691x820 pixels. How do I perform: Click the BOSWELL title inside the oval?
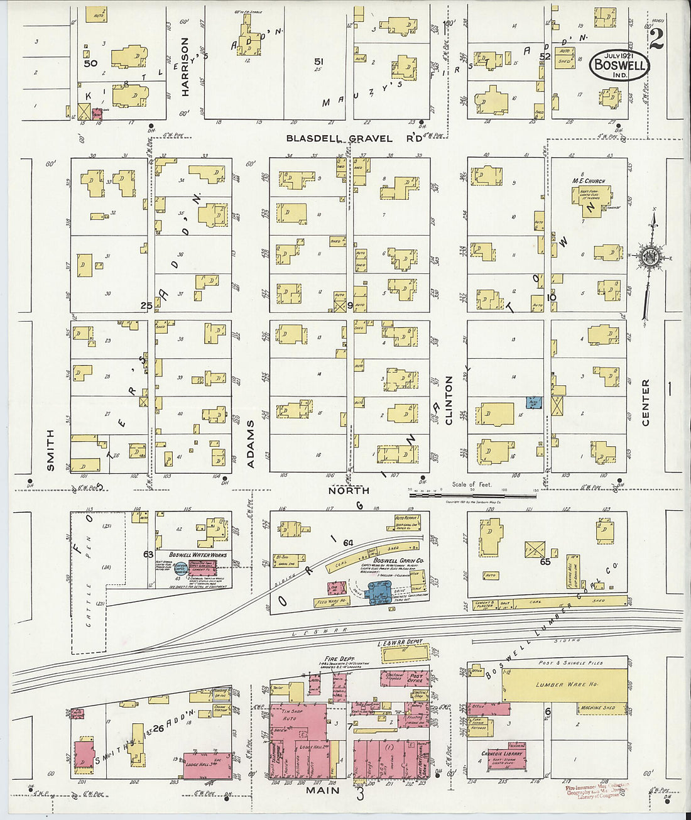619,65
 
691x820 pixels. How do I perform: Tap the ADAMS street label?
251,444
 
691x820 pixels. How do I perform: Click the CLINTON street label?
449,400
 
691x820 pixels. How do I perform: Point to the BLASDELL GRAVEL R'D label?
354,138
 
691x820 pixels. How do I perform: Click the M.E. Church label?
588,181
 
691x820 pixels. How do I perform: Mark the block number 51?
318,62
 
